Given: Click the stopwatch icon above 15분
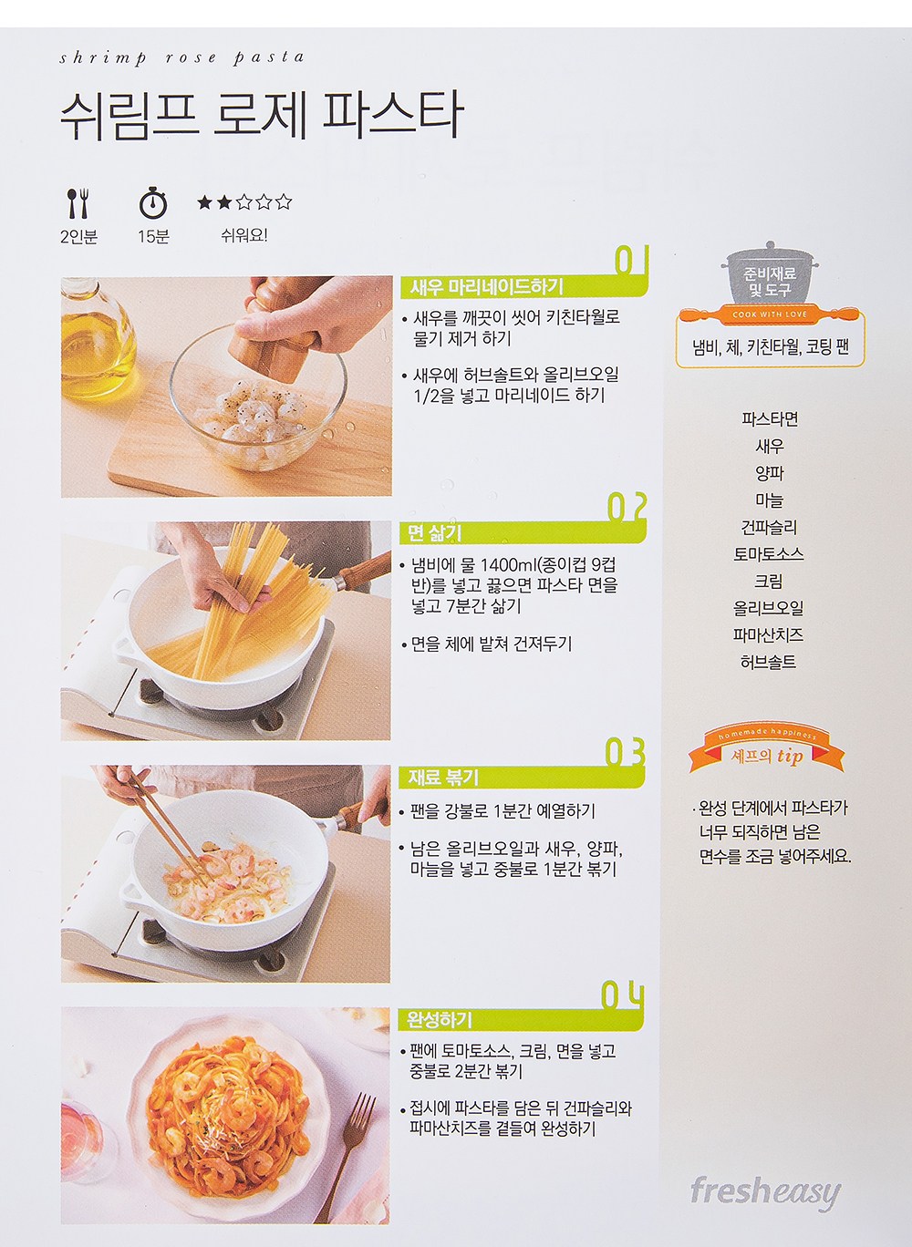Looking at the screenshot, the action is click(x=153, y=202).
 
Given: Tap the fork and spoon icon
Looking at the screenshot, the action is click(x=78, y=203).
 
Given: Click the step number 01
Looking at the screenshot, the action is click(x=631, y=261).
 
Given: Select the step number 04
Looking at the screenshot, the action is click(x=623, y=995).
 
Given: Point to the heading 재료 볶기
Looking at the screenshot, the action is click(x=443, y=778).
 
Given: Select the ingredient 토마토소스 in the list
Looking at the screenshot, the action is click(x=769, y=554).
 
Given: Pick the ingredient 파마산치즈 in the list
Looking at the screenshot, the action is click(x=769, y=635).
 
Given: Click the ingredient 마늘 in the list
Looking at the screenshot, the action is click(x=770, y=500).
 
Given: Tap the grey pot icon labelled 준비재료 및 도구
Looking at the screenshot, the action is click(x=770, y=274).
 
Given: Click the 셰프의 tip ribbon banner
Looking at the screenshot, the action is click(x=767, y=751).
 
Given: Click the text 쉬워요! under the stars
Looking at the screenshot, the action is click(x=244, y=235).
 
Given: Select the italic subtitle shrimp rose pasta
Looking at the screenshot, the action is click(x=181, y=58).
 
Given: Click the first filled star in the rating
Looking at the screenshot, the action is click(x=205, y=202).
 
